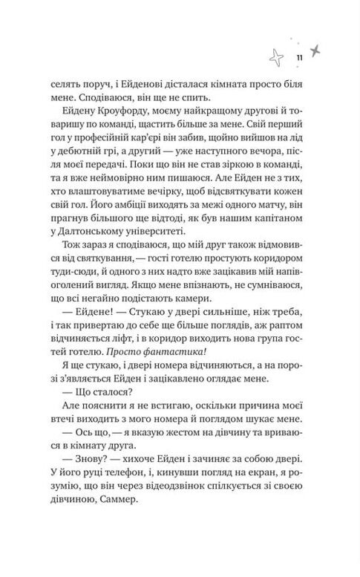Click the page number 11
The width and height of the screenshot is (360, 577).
coord(298,59)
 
